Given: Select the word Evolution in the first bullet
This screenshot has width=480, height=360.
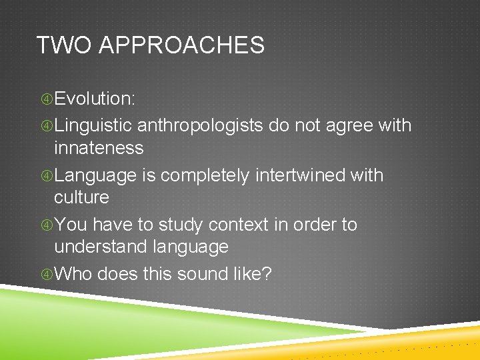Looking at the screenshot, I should tap(94, 99).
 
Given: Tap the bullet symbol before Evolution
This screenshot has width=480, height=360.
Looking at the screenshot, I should tap(46, 99).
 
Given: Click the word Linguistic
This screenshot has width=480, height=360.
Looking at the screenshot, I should tap(95, 125).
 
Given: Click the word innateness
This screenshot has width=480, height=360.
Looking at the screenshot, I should tap(99, 147).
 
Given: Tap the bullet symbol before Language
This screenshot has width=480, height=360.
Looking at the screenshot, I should tap(46, 176).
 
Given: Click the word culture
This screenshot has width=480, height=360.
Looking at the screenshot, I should tap(81, 197).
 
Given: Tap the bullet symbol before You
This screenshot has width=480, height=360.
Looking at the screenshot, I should tap(46, 225).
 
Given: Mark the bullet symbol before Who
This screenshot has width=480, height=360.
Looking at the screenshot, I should tap(46, 274).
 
